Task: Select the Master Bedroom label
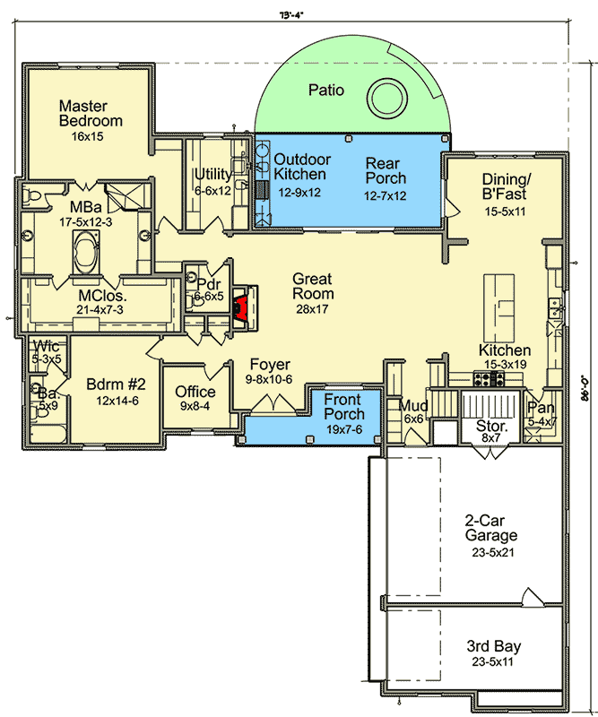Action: pos(91,114)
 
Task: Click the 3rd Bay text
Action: pos(493,646)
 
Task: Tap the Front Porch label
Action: pos(344,407)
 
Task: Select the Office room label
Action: pos(195,392)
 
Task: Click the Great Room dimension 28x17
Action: pos(313,308)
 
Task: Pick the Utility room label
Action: pos(212,175)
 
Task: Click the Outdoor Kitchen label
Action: pos(299,167)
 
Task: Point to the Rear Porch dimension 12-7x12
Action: pos(385,194)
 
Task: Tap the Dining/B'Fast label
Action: pos(503,186)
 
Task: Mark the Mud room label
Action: pos(413,406)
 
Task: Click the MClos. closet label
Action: pos(102,295)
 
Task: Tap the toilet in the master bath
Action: pos(31,194)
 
